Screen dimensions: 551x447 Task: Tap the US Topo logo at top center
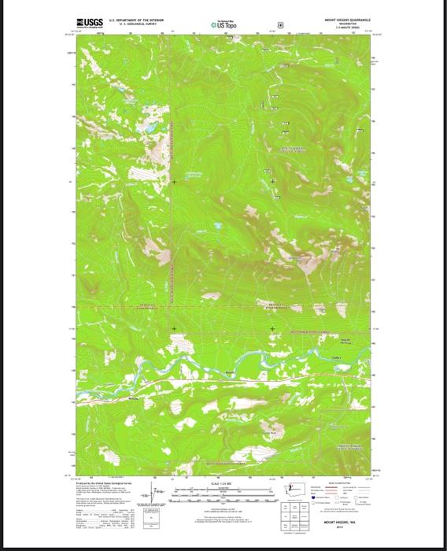coord(222,25)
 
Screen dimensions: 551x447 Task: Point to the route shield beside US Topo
coord(258,26)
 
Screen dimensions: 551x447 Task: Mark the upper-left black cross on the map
coord(174,182)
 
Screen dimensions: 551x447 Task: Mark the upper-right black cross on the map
coord(272,182)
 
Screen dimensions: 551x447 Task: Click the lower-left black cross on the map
coord(174,328)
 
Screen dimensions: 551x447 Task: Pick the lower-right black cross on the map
coord(272,328)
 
